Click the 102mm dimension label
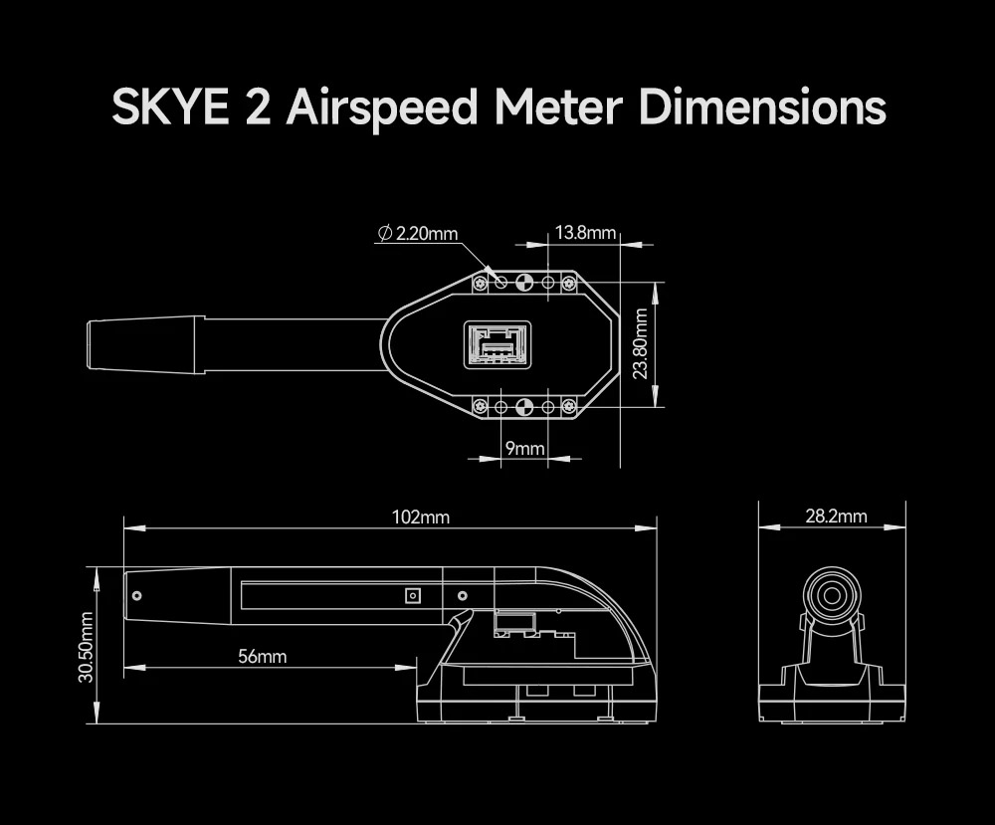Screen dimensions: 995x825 click(x=421, y=517)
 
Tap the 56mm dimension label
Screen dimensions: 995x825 click(x=262, y=656)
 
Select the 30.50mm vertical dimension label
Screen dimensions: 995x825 click(x=87, y=647)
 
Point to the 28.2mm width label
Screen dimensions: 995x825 click(x=837, y=516)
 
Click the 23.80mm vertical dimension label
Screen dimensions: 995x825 click(x=641, y=343)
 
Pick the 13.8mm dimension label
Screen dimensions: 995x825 click(x=585, y=233)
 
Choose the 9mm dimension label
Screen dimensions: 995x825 click(x=524, y=448)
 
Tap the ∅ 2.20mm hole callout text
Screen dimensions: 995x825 click(x=418, y=234)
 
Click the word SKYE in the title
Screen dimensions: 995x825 click(x=170, y=107)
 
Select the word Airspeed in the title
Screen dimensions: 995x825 click(x=382, y=108)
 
